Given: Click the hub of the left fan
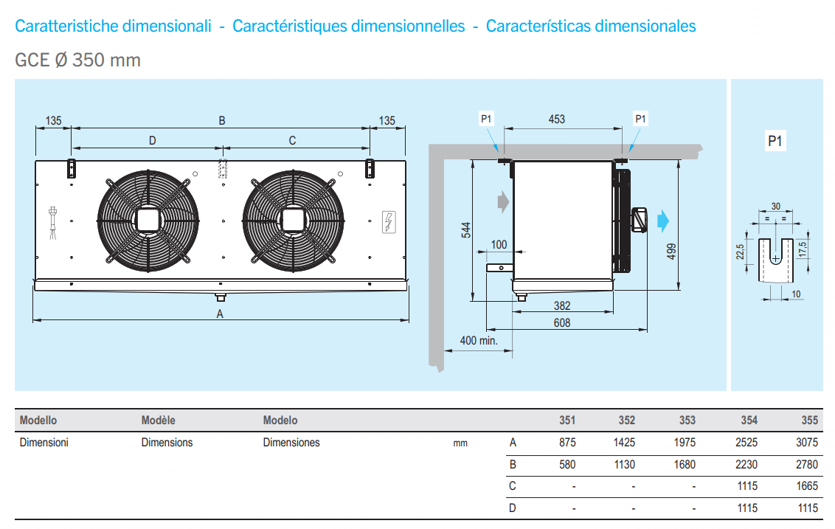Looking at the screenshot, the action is tap(148, 221).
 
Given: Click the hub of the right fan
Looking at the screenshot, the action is tap(293, 221).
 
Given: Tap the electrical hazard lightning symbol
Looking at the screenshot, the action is tap(389, 222).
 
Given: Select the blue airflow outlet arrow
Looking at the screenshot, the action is tap(663, 221).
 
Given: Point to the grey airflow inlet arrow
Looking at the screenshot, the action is tap(503, 202).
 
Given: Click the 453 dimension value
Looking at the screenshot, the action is tap(556, 120).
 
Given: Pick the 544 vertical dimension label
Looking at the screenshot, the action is tap(466, 230).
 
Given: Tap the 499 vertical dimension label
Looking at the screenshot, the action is tap(672, 251).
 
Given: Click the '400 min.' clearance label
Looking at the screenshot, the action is tap(479, 340).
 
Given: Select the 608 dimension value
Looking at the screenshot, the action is tap(562, 323).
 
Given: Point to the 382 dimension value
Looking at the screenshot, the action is tap(562, 305).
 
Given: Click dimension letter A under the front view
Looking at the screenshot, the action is tap(220, 314).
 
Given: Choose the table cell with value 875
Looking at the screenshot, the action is tap(567, 443).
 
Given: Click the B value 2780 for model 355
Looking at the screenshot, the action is tap(807, 465).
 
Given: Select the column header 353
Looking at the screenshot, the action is tap(687, 421).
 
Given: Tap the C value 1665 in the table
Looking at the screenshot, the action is tap(807, 486).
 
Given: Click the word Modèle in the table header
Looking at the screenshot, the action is tap(158, 421).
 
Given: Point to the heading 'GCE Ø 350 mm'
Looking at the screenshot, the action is tap(77, 60).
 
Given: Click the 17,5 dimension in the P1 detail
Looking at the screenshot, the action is tap(803, 249).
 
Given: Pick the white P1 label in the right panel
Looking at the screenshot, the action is tap(775, 141).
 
